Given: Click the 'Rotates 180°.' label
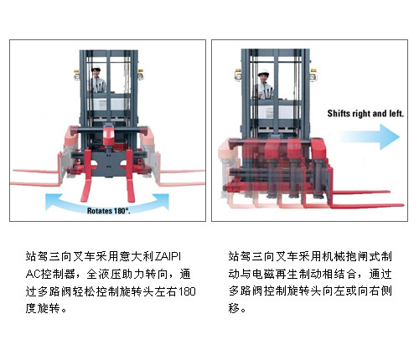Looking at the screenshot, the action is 109,211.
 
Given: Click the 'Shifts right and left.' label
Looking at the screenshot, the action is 365,114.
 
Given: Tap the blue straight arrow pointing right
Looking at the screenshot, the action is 370,136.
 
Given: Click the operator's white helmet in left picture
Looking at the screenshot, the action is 96,68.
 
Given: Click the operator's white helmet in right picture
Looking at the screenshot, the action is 263,73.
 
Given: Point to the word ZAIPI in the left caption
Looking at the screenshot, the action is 168,256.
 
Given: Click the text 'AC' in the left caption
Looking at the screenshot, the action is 33,274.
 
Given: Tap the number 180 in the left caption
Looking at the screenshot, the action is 187,291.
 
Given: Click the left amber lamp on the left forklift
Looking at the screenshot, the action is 76,75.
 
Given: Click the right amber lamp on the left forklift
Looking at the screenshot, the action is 141,75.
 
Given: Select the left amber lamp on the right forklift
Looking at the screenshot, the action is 238,75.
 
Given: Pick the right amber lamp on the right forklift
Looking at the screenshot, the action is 313,75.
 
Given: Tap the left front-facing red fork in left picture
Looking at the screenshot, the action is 86,176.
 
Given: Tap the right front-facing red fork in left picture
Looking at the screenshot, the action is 130,176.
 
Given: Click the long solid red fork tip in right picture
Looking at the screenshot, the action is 401,205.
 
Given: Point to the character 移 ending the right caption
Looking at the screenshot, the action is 234,308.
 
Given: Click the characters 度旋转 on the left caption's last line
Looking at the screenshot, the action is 43,309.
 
